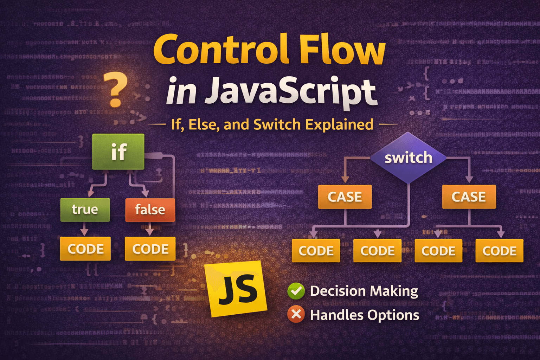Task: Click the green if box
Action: coord(118,152)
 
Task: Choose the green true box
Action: coord(85,210)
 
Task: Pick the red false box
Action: coord(150,210)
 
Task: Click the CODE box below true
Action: coord(85,249)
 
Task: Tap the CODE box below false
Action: coord(150,249)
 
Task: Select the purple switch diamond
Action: coord(408,157)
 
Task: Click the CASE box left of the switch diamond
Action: coord(345,197)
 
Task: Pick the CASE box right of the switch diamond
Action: coord(469,197)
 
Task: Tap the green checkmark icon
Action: coord(296,291)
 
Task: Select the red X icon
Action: coord(296,314)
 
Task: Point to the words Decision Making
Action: coord(364,291)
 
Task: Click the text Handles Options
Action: coord(365,315)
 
